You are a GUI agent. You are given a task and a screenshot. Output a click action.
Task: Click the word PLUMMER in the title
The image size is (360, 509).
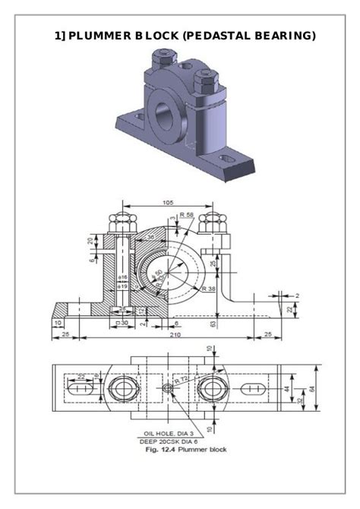coord(100,36)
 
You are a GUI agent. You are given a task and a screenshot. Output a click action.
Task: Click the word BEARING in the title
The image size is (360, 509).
coord(280,36)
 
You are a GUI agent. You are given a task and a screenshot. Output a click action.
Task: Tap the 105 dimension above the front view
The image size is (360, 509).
coord(168,203)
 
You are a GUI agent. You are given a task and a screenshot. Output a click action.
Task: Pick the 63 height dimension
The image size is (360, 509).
coord(211,323)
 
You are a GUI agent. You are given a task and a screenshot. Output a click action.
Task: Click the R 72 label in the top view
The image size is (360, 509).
coord(180,379)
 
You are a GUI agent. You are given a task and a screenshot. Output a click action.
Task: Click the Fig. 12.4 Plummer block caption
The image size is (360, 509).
coord(188,450)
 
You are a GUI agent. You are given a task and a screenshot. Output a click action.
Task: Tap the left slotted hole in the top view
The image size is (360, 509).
coord(78,388)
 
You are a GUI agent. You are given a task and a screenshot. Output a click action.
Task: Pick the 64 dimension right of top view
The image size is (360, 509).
coord(311,389)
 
